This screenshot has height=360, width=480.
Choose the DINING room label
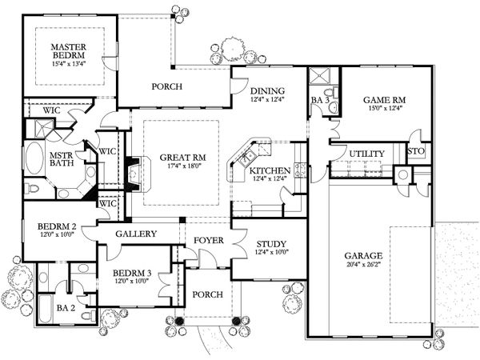pyautogui.click(x=267, y=90)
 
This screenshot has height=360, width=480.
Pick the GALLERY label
pyautogui.click(x=135, y=234)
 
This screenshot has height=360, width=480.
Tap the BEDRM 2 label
pyautogui.click(x=56, y=226)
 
